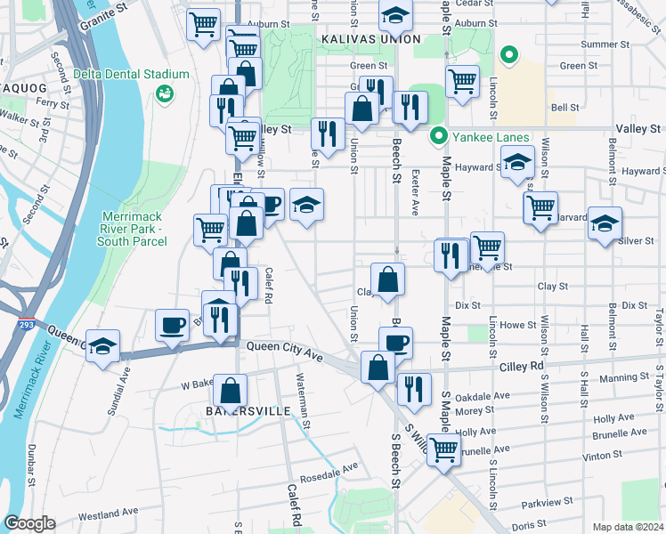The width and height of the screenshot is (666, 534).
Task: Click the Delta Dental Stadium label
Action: point(132,75)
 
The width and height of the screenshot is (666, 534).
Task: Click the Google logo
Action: point(28,523)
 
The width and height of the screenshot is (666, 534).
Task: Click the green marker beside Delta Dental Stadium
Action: point(164,93)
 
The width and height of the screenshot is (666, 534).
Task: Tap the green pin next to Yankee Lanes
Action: point(437,137)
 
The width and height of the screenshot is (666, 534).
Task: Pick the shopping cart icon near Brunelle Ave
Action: point(443,449)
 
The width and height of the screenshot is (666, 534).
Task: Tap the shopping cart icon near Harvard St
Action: point(540,208)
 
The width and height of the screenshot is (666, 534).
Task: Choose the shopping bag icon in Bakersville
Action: point(230,390)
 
